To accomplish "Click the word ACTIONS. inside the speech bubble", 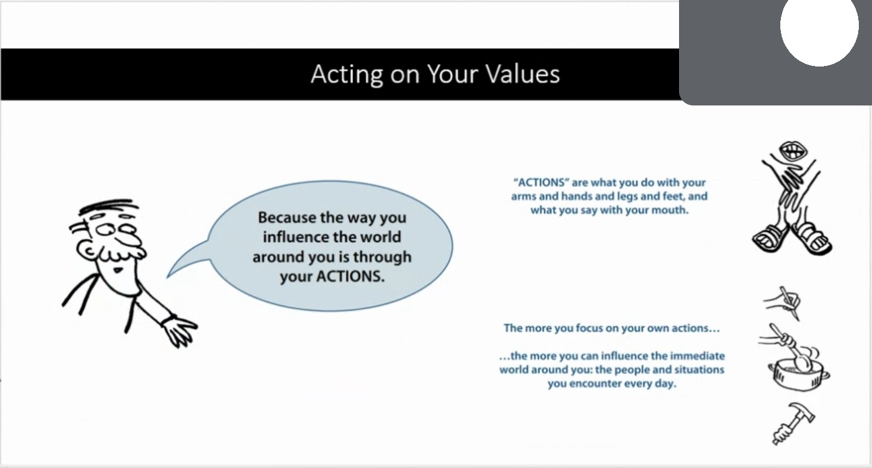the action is (x=351, y=276).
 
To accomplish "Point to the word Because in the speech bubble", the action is (x=287, y=218).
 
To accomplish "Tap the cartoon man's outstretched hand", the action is (x=180, y=331).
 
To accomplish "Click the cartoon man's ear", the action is (x=86, y=249).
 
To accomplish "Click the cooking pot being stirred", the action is (x=798, y=375).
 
